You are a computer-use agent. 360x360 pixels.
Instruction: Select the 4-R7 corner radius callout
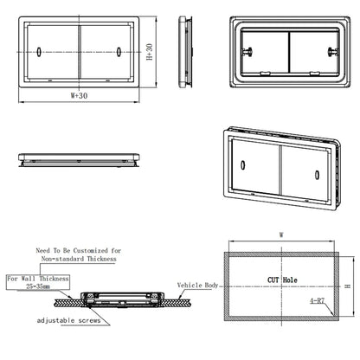click(318, 303)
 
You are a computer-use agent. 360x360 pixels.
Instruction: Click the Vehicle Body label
click(200, 285)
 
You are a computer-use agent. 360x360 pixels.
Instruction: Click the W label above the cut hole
click(281, 233)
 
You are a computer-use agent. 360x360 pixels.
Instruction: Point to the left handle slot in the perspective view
click(243, 164)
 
